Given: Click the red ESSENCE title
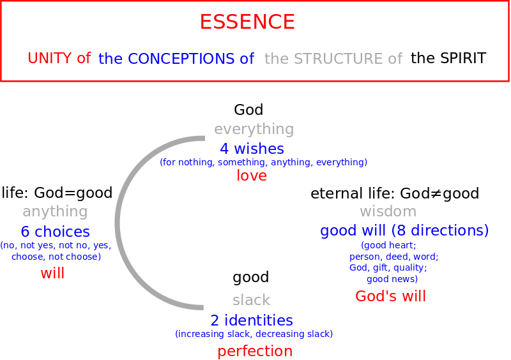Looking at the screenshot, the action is pos(247,22).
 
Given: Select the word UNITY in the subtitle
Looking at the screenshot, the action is pos(49,58).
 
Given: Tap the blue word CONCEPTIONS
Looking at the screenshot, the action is pos(181,59).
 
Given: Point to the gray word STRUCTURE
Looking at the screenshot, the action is pos(339,59).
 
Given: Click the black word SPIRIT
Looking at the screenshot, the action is pos(462,58).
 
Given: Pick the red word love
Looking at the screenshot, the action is pos(252,176).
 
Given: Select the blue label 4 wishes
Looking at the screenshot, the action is pos(252,149).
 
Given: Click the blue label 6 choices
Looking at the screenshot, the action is pos(55,232).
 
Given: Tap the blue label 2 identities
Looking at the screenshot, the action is pos(252,320).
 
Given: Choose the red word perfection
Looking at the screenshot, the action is pos(255,352).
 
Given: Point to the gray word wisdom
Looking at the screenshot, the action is pos(388,211).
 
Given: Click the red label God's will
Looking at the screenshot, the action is pos(390,296).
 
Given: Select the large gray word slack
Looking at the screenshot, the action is pos(251,300).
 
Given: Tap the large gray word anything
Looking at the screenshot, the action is pos(55,212).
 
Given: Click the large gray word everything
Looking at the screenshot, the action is pos(254,130).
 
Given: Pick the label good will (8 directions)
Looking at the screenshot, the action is pos(404,230).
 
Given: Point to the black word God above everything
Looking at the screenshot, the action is pos(248,110).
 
